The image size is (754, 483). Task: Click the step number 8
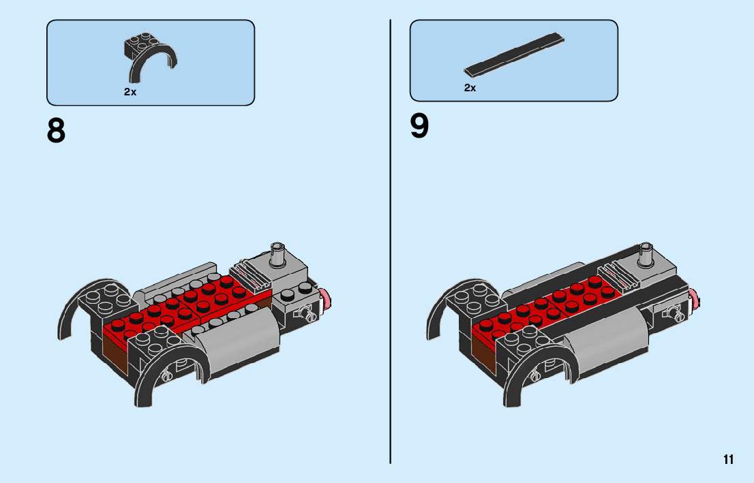coord(57,130)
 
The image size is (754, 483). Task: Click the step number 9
coord(420,126)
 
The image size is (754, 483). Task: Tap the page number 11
coord(729,459)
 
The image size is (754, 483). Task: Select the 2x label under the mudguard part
coord(130,92)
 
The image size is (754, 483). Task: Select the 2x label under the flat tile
coord(470,88)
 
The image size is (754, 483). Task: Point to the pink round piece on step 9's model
coord(695,298)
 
